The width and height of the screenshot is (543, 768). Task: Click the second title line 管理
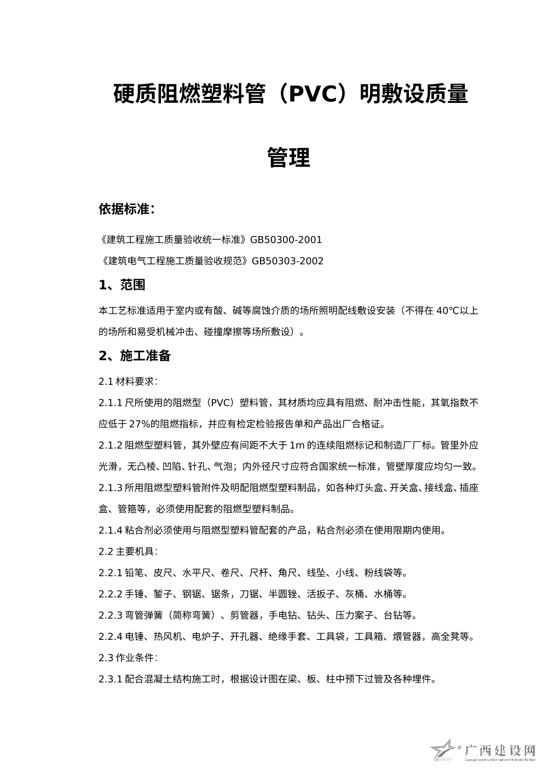coord(288,158)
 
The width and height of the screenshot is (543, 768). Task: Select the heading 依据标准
coord(126,209)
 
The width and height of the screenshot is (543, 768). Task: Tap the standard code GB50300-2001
coord(286,240)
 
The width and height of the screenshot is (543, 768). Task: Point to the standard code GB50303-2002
coord(287,261)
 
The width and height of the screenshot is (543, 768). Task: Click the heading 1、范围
coord(122,285)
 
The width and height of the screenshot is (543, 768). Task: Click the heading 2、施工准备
coord(135,356)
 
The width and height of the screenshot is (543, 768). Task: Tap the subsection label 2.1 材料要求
coord(128,381)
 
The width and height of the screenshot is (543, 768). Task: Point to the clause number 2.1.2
coord(111,445)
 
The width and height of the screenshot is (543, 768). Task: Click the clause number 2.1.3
coord(111,488)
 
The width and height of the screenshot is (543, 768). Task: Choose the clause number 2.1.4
coord(111,530)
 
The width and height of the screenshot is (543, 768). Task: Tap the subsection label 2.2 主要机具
coord(128,551)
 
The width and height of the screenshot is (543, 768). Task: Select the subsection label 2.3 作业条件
coord(128,657)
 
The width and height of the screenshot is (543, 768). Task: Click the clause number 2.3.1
coord(111,679)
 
